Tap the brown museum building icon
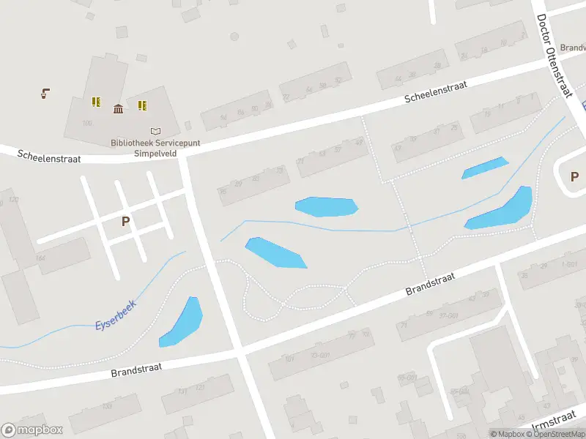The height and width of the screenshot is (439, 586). (118, 109)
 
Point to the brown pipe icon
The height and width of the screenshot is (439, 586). (45, 93)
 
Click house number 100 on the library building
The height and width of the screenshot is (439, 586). (88, 123)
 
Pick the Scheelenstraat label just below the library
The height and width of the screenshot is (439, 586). (48, 156)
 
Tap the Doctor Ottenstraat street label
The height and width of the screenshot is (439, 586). (555, 55)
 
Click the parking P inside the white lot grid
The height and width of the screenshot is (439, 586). (125, 220)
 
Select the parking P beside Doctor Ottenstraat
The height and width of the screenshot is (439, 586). (574, 176)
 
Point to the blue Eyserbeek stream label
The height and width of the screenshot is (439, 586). (116, 313)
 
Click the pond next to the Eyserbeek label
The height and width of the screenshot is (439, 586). (182, 322)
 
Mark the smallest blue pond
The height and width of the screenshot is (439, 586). (484, 168)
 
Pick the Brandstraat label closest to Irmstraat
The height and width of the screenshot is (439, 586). (431, 285)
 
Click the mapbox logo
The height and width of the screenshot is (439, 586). (32, 430)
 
